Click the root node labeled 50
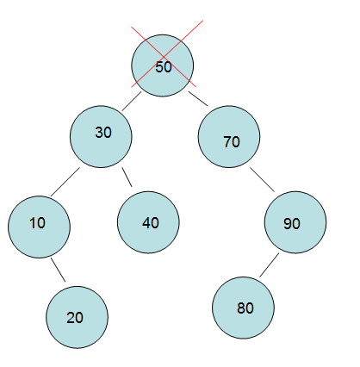(x=163, y=65)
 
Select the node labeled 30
(x=101, y=137)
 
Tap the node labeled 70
(x=229, y=137)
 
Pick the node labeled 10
(x=39, y=227)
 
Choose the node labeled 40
(x=148, y=222)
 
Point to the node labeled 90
(x=295, y=222)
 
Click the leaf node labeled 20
(x=78, y=317)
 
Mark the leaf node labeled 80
(x=243, y=308)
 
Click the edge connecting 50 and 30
(x=132, y=101)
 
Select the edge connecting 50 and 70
(x=198, y=99)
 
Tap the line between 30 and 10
(x=65, y=182)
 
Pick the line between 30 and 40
(x=127, y=177)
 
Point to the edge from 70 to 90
(x=262, y=179)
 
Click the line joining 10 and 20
(x=58, y=270)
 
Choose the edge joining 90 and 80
(x=270, y=265)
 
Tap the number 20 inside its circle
(x=75, y=318)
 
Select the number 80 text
(x=245, y=308)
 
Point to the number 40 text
(x=151, y=223)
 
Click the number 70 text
(x=232, y=142)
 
